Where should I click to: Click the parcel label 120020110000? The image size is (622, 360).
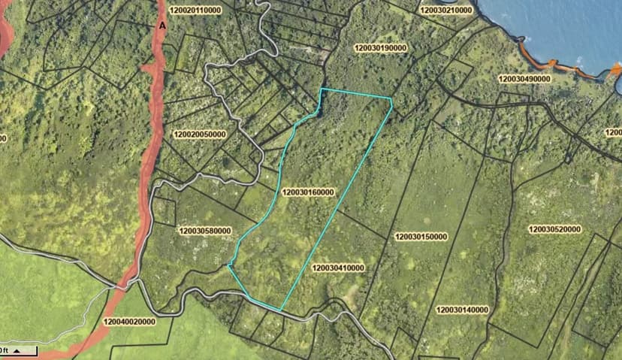[x=198, y=11]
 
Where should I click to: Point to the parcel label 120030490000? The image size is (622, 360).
[x=524, y=78]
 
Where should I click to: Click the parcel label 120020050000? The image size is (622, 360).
[x=199, y=135]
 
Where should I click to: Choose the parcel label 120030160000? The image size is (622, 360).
[x=308, y=193]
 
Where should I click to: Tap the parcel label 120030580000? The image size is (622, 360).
[x=205, y=231]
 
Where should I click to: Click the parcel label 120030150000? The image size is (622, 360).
[x=421, y=237]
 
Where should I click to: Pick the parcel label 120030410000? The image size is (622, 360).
[x=338, y=268]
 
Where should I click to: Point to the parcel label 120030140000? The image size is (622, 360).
[x=462, y=310]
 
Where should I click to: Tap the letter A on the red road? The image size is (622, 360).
[x=161, y=26]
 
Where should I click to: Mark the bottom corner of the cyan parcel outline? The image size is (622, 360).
[x=280, y=310]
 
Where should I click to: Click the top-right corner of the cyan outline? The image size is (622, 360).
[x=392, y=98]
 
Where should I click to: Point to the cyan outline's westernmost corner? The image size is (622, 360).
[x=228, y=265]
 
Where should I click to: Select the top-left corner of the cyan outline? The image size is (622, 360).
[x=322, y=89]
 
